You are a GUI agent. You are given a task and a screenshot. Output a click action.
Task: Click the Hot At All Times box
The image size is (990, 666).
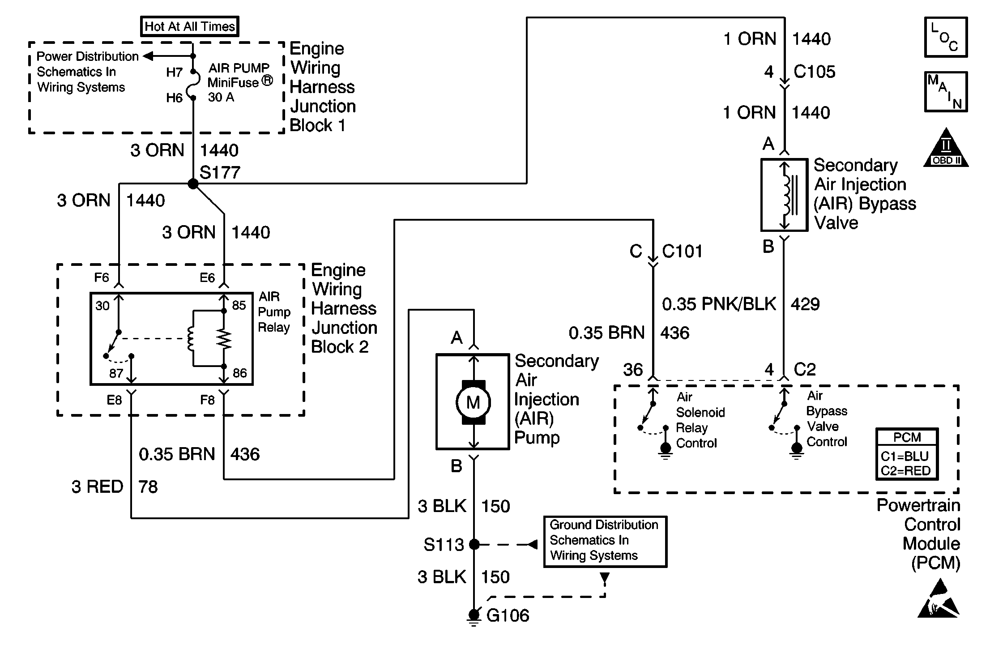[190, 26]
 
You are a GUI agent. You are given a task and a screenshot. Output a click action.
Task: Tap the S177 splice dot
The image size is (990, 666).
[193, 184]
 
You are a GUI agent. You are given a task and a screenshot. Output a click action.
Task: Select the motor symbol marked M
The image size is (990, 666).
[473, 402]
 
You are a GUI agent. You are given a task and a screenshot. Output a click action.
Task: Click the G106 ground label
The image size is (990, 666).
[508, 616]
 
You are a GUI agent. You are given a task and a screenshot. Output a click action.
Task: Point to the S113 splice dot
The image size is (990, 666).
[474, 545]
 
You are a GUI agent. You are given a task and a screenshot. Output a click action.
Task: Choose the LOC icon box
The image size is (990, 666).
[946, 37]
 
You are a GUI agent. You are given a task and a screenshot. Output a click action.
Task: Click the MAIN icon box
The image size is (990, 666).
[946, 92]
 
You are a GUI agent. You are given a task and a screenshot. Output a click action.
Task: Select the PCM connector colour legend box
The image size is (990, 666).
[906, 454]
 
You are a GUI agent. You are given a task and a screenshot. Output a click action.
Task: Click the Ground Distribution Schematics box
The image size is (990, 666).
[605, 542]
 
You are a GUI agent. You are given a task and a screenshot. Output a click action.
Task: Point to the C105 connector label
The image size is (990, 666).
[814, 72]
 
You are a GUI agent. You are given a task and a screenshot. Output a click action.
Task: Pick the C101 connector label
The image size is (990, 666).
[682, 252]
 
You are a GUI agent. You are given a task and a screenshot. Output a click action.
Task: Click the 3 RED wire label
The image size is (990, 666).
[97, 487]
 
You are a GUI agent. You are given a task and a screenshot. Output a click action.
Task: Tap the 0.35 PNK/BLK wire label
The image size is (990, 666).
[719, 304]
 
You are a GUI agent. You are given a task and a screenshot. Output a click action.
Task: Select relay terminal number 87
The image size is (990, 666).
[116, 373]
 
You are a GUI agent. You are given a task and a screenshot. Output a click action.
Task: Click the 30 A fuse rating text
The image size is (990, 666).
[221, 97]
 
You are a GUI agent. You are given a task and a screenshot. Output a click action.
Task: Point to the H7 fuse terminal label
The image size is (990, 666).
[174, 73]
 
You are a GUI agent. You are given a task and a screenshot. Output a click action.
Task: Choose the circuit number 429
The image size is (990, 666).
[805, 304]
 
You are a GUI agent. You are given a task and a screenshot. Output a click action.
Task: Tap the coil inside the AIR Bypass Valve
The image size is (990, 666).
[786, 196]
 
